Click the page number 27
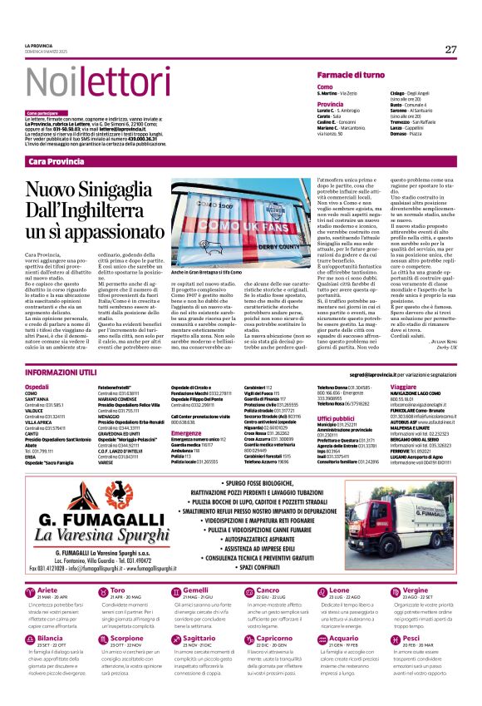click(x=450, y=49)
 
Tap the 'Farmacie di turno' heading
click(x=350, y=75)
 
